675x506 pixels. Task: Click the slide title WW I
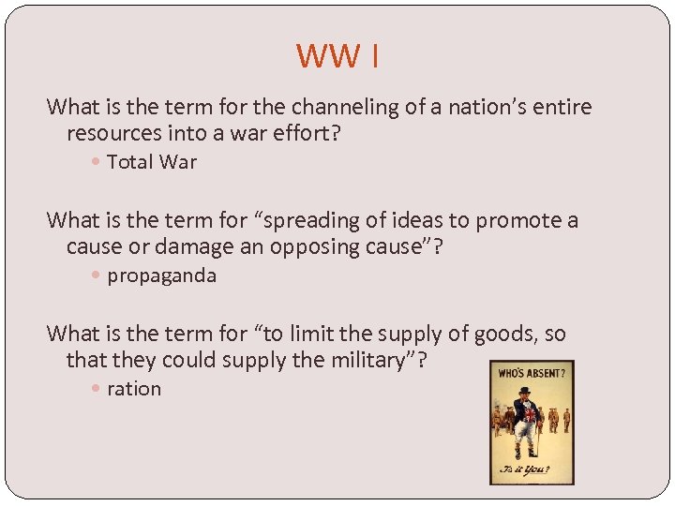(x=337, y=56)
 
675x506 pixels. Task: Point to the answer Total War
(x=152, y=162)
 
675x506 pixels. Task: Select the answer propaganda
(x=161, y=275)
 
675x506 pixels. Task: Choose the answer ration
(x=134, y=389)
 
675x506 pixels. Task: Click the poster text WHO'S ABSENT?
(x=532, y=372)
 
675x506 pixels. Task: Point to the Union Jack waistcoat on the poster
(x=527, y=413)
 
